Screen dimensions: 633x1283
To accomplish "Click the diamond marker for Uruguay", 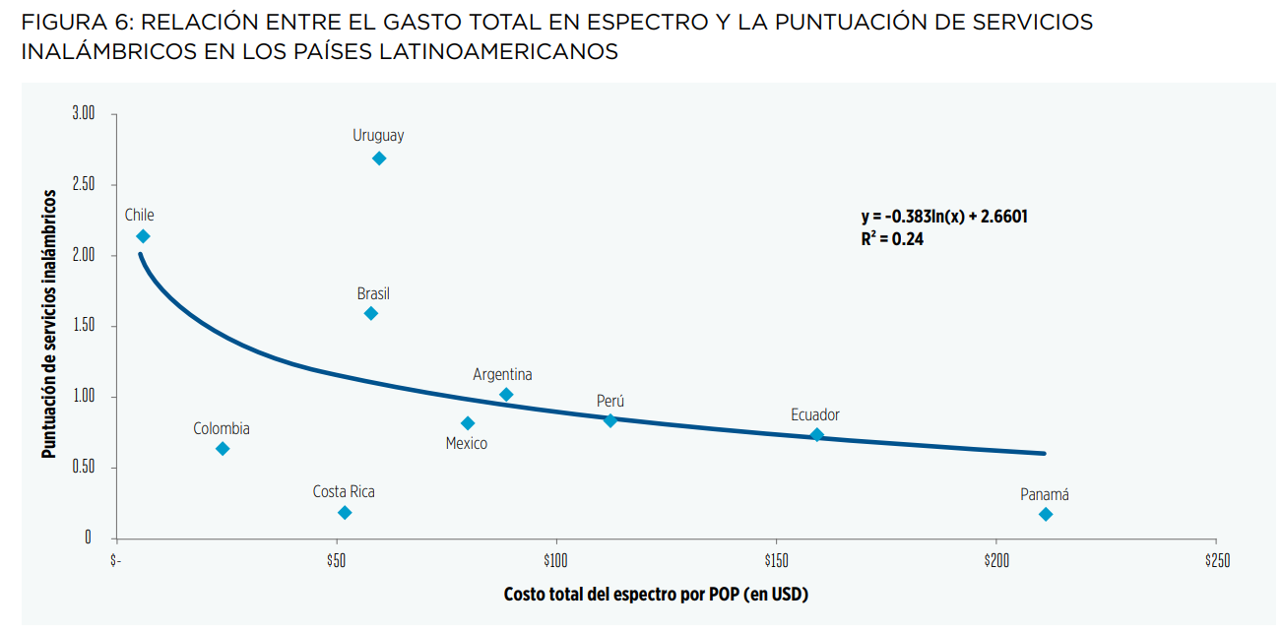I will point(379,158).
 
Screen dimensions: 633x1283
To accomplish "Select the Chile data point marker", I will point(143,236).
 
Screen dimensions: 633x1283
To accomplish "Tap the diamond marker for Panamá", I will point(1046,515).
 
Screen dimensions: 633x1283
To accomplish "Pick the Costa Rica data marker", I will point(345,513).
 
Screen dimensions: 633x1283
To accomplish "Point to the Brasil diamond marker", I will point(371,313).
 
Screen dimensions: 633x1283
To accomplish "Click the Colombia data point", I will point(223,449).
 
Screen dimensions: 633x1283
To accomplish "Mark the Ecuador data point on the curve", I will point(816,435).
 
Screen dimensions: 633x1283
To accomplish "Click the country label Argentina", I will point(502,375).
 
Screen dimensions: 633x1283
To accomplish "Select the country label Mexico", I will point(467,444).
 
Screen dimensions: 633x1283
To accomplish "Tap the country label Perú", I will point(610,402).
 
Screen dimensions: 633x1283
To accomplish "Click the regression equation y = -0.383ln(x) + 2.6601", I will point(944,217).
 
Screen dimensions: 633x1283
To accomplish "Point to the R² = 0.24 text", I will point(892,238).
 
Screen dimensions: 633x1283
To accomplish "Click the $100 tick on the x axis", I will point(557,560).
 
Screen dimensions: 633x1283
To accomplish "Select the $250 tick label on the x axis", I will point(1216,560).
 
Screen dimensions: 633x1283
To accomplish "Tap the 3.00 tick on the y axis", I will point(83,114).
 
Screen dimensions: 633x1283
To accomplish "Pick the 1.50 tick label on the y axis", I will point(83,326).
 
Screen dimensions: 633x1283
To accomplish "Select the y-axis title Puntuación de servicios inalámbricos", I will point(47,325).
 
